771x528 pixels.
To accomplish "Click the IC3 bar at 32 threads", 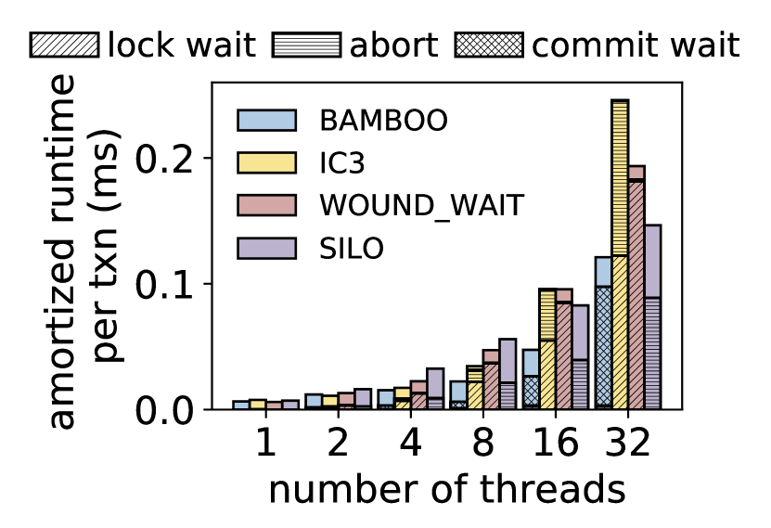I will click(x=620, y=254).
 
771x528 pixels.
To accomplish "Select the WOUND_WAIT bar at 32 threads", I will click(x=636, y=288).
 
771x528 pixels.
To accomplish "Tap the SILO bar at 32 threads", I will click(x=652, y=316).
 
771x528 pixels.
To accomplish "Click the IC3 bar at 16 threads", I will click(x=547, y=349).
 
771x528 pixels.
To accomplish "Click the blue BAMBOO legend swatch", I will click(x=266, y=121).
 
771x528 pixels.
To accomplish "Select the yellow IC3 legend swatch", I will click(x=266, y=163).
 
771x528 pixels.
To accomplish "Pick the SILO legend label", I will click(x=353, y=249).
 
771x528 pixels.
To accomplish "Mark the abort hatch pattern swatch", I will click(x=307, y=45).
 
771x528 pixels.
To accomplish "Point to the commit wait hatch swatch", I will click(x=489, y=45).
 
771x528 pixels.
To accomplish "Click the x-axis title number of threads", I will click(x=446, y=490).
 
